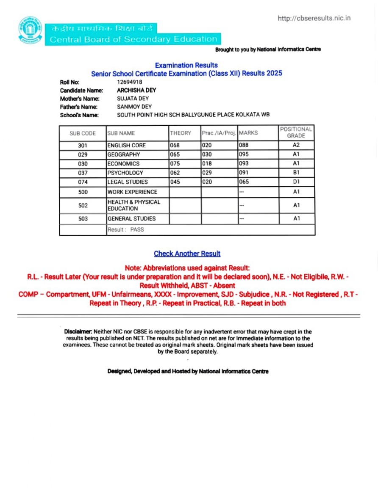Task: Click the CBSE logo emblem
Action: click(x=31, y=30)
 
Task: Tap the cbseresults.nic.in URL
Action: click(x=314, y=18)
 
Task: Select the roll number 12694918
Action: click(x=129, y=82)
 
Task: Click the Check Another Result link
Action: click(x=187, y=254)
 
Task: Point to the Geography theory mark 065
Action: click(x=175, y=154)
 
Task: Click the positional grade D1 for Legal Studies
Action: click(x=297, y=182)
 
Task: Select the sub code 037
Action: click(x=83, y=173)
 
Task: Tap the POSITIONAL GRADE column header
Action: click(x=296, y=132)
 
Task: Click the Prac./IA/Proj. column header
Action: click(x=219, y=133)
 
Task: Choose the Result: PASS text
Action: click(x=125, y=229)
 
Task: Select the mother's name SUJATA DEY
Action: click(x=133, y=99)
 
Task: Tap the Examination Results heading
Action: click(x=186, y=65)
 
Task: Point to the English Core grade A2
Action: click(x=297, y=145)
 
